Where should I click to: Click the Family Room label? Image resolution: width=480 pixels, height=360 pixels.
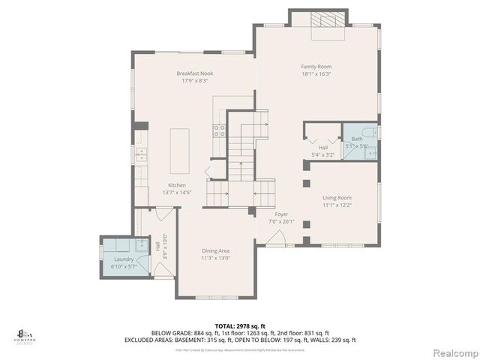(316, 67)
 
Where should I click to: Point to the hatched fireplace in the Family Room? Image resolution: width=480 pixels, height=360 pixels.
(328, 20)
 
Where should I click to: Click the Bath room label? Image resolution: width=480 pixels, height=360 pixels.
(357, 139)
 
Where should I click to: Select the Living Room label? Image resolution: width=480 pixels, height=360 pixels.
(337, 197)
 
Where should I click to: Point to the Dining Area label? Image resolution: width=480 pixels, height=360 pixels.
(215, 250)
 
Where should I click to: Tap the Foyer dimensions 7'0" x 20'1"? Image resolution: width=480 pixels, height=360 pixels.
(281, 221)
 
